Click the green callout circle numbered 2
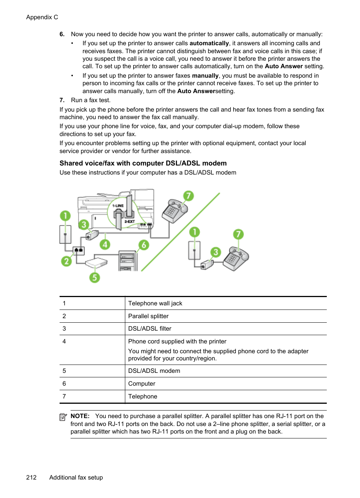coord(66,261)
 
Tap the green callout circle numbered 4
coord(105,244)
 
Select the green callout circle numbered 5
coord(94,277)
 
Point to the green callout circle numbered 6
coord(144,245)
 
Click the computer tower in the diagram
coord(127,260)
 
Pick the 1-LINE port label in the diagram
coord(118,206)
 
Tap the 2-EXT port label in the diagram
coord(129,222)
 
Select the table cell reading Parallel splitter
coord(148,316)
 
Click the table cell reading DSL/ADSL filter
coord(150,328)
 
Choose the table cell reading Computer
coord(142,383)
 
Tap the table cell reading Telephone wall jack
coord(155,303)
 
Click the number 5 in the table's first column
coord(64,371)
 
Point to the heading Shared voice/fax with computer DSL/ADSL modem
coord(143,163)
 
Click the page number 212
coord(31,477)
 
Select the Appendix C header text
coord(42,17)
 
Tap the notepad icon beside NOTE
coord(63,417)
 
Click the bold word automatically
coord(209,43)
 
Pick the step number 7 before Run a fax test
coord(62,100)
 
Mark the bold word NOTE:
coord(80,416)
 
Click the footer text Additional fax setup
coord(76,477)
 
